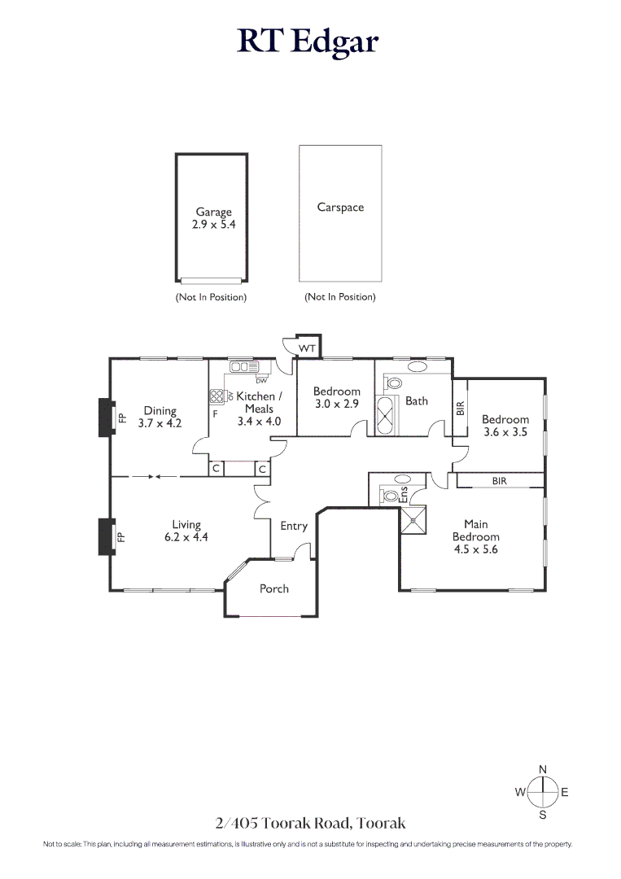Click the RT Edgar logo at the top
(308, 42)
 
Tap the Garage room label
(213, 212)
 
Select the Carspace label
(340, 207)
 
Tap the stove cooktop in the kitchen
(216, 396)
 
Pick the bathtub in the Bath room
(385, 415)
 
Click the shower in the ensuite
(413, 520)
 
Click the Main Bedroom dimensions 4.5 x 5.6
(476, 549)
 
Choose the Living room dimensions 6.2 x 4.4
(186, 537)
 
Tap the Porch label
(274, 588)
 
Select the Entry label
(294, 526)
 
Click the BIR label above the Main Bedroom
(500, 480)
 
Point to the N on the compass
(543, 770)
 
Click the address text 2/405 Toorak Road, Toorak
(311, 823)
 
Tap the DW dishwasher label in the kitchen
(261, 381)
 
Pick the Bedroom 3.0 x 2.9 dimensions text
(337, 404)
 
